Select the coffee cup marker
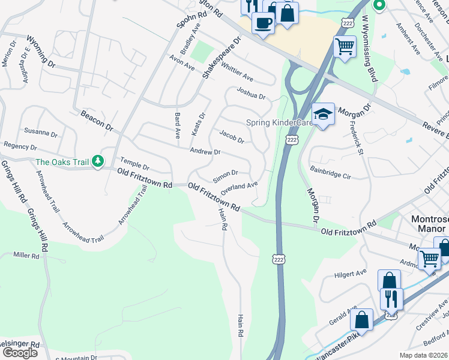pyautogui.click(x=262, y=23)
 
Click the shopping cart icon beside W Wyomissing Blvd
pyautogui.click(x=345, y=46)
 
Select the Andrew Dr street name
pyautogui.click(x=205, y=152)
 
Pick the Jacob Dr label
pyautogui.click(x=232, y=136)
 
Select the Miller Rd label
pyautogui.click(x=26, y=256)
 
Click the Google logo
pyautogui.click(x=20, y=353)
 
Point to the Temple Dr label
pyautogui.click(x=134, y=163)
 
